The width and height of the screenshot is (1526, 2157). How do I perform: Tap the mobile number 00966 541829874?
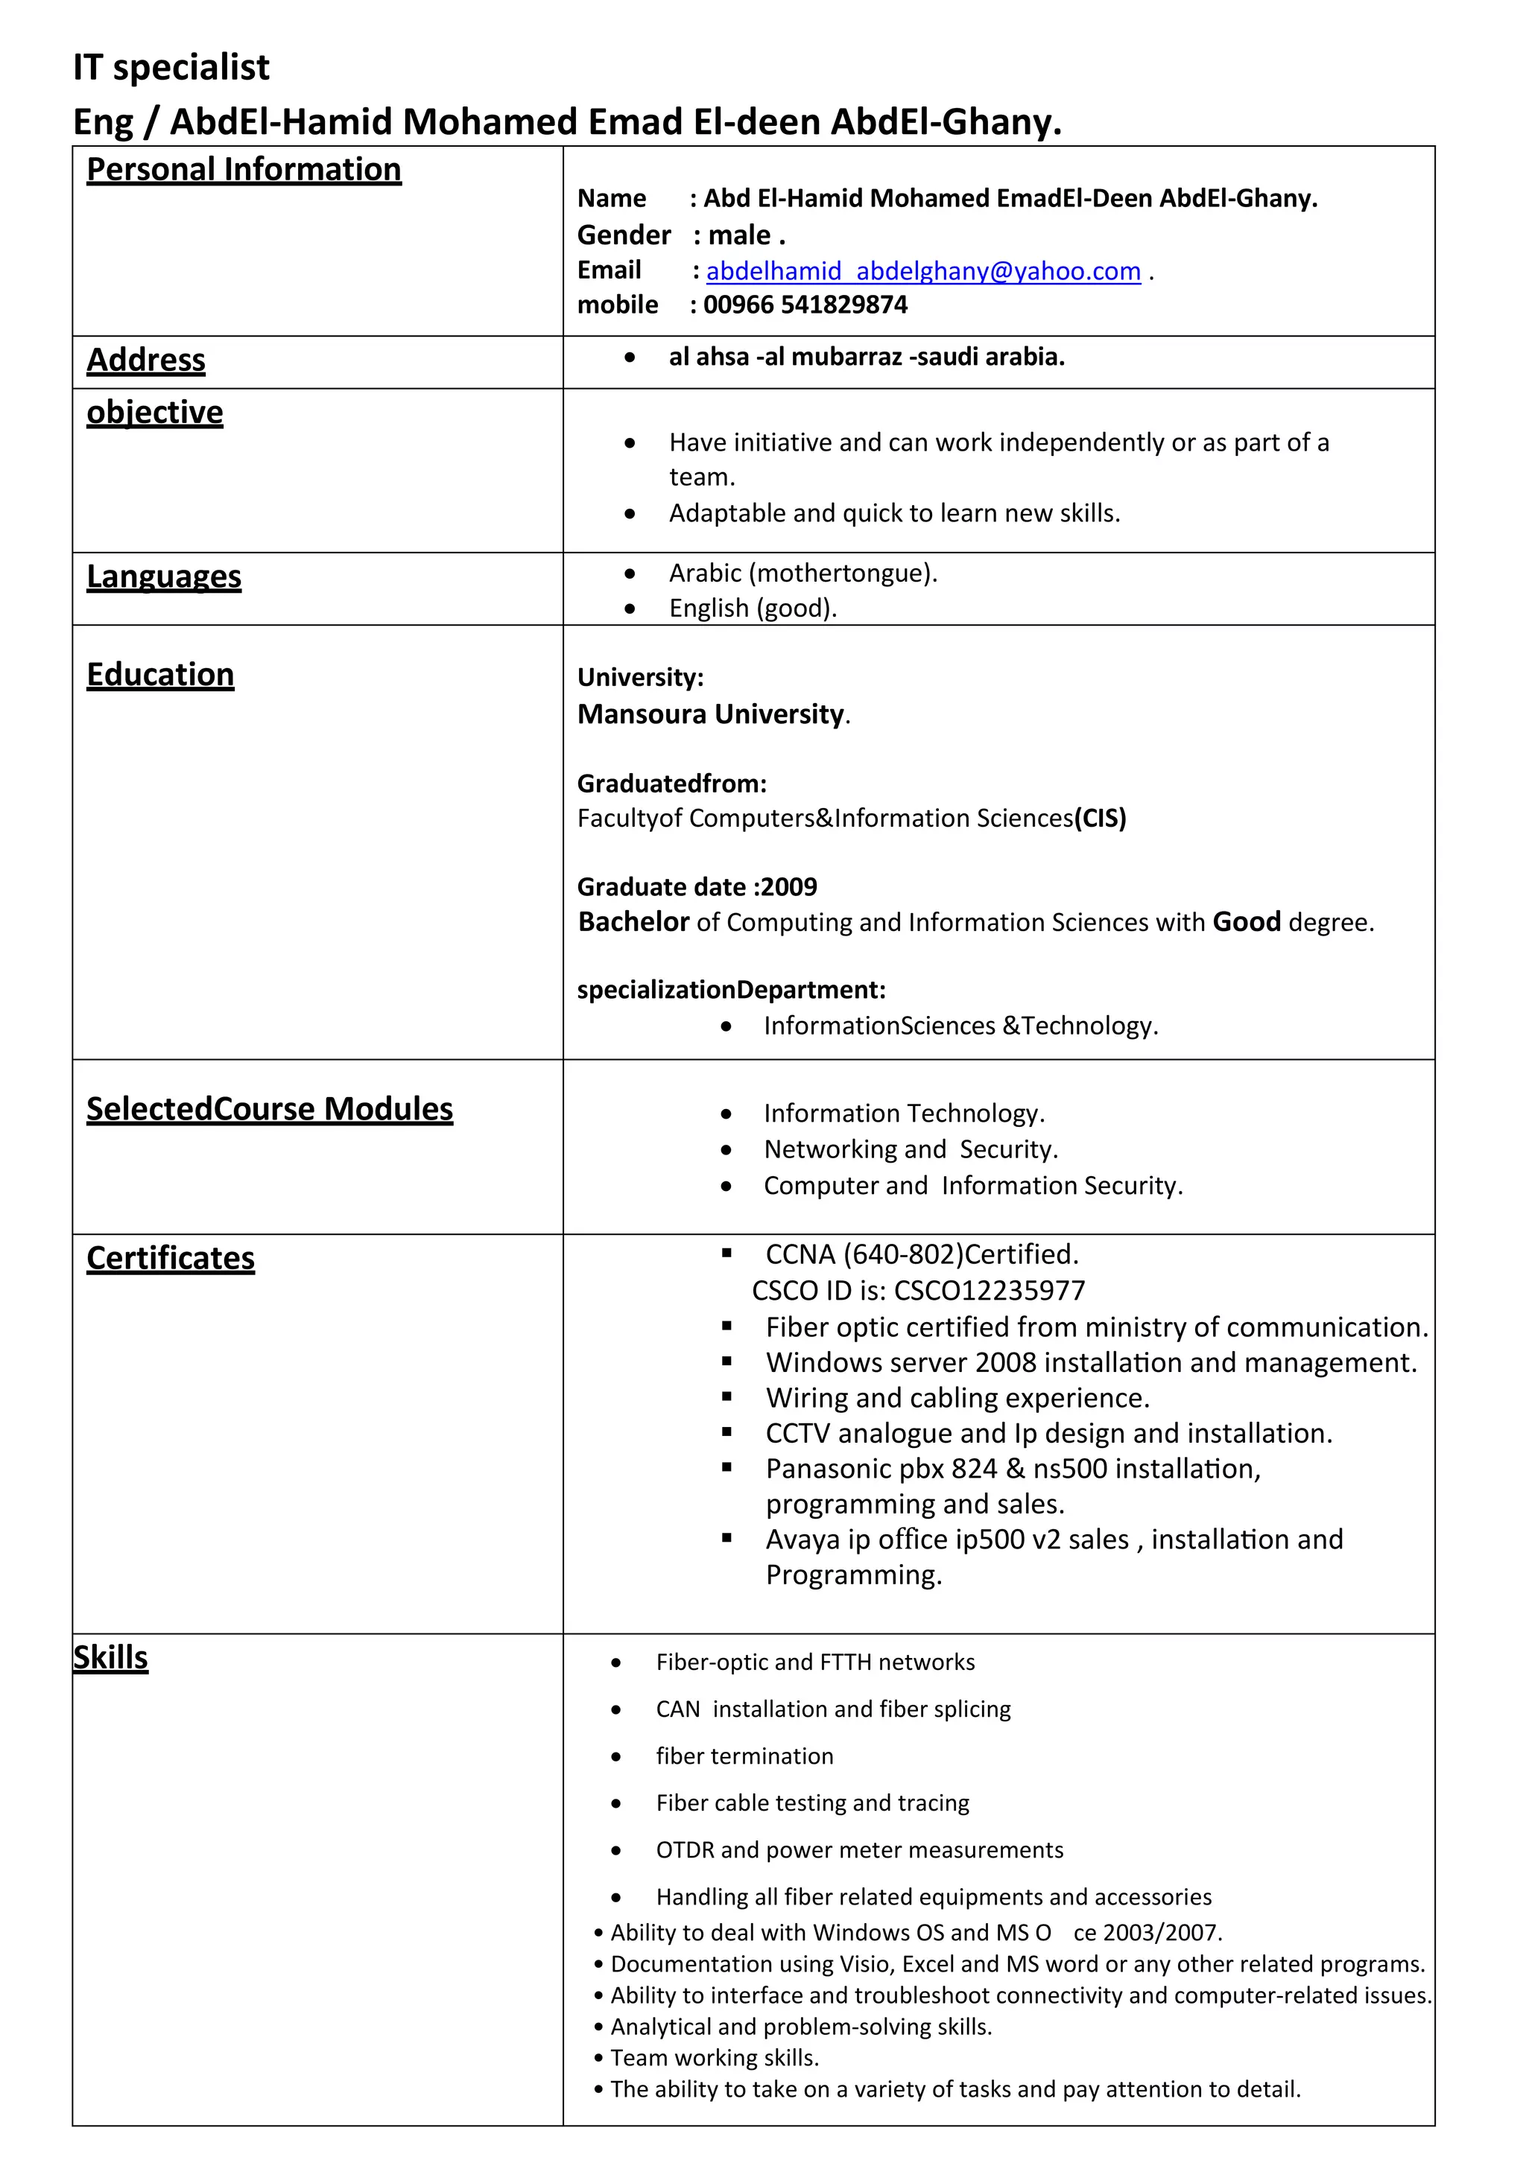(805, 305)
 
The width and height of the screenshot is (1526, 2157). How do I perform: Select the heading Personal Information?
(244, 170)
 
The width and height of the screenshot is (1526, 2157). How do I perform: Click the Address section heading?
(145, 360)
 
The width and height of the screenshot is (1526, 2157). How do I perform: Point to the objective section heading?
(155, 413)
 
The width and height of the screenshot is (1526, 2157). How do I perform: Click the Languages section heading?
(163, 576)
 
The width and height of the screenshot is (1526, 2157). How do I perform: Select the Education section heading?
(159, 676)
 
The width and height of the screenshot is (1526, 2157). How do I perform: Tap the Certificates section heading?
(170, 1259)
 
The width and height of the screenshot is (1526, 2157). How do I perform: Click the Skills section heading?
(111, 1658)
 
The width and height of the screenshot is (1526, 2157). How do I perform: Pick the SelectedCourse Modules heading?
(270, 1110)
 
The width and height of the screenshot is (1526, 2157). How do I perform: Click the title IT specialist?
(171, 68)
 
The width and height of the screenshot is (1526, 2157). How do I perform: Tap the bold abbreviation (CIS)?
(1101, 819)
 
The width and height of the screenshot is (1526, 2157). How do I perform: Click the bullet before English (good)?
(630, 610)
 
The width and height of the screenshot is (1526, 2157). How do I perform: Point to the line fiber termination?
(744, 1757)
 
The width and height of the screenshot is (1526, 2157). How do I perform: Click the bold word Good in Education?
(1246, 923)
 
